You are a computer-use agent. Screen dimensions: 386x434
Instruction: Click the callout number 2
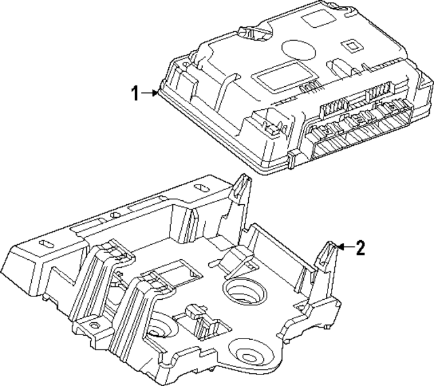tap(361, 248)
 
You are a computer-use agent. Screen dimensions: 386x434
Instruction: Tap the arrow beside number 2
tap(344, 248)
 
